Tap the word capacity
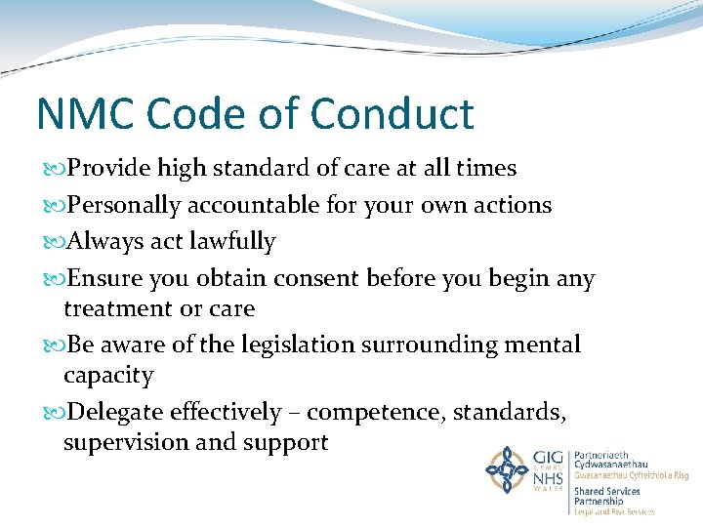(x=108, y=377)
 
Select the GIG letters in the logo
(x=549, y=457)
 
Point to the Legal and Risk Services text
(x=614, y=511)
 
